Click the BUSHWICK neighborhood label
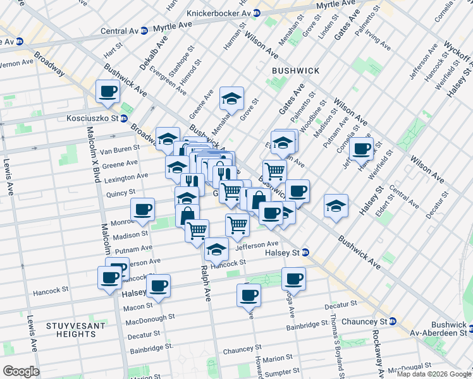(x=295, y=71)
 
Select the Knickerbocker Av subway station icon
(x=256, y=13)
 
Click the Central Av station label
(x=119, y=30)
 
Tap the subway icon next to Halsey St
(x=305, y=252)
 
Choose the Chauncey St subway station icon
(x=392, y=321)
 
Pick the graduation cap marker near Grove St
(x=232, y=99)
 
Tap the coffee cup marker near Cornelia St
(x=361, y=149)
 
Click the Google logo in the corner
(x=20, y=371)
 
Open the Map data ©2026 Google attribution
(x=434, y=374)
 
